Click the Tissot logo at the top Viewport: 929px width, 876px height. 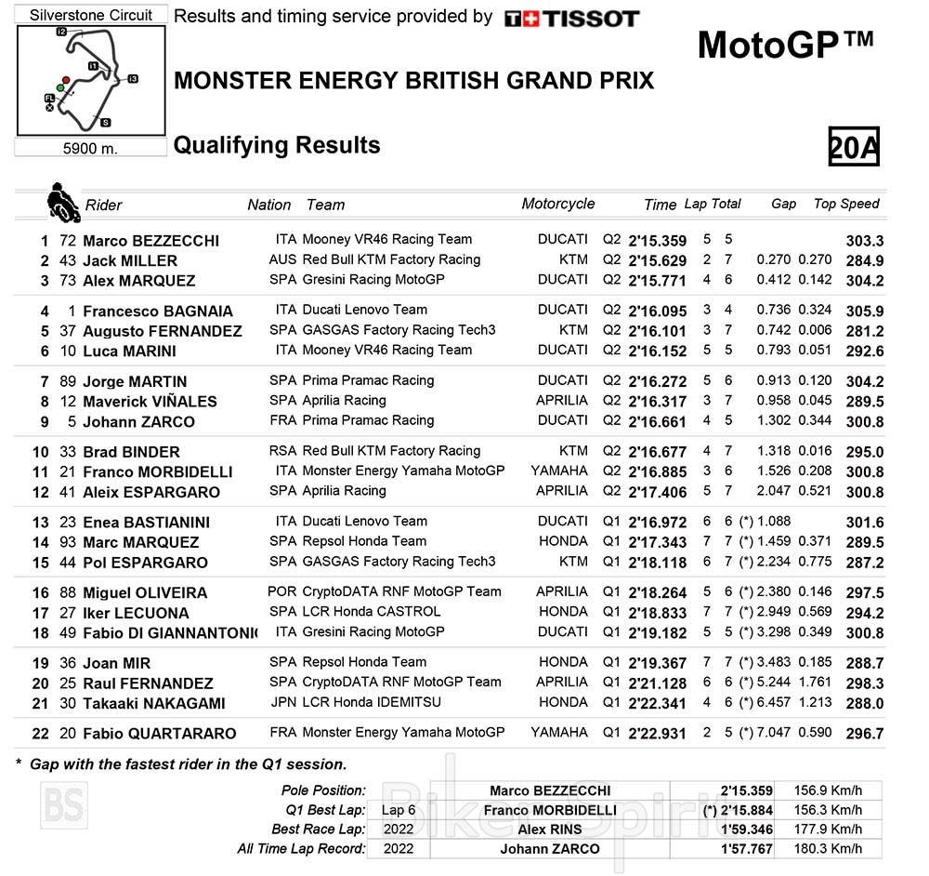571,19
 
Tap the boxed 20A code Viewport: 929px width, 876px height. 854,147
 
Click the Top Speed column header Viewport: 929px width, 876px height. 846,204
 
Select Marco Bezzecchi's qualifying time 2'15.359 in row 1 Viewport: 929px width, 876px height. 657,241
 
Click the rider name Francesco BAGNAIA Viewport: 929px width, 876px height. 158,312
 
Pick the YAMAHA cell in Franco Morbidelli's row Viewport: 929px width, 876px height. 559,471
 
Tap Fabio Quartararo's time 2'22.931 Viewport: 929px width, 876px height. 657,734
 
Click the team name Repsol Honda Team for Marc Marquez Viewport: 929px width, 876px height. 364,541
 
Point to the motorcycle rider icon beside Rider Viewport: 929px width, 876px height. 63,202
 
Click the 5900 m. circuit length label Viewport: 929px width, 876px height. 90,148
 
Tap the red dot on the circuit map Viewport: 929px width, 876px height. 66,80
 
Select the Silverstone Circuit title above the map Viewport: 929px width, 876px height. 90,16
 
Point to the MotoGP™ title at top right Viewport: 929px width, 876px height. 785,44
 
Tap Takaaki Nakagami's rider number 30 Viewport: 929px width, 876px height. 67,704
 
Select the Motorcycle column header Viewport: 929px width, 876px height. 557,204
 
